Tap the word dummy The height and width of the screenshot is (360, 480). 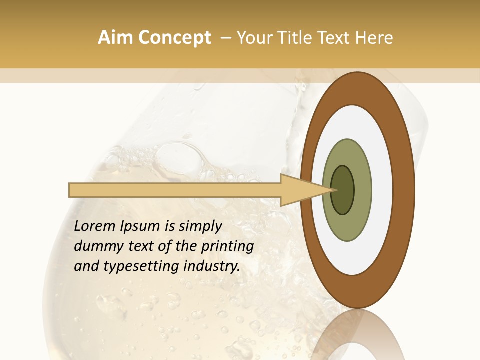[95, 247]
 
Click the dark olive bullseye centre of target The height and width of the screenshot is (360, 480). [343, 190]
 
